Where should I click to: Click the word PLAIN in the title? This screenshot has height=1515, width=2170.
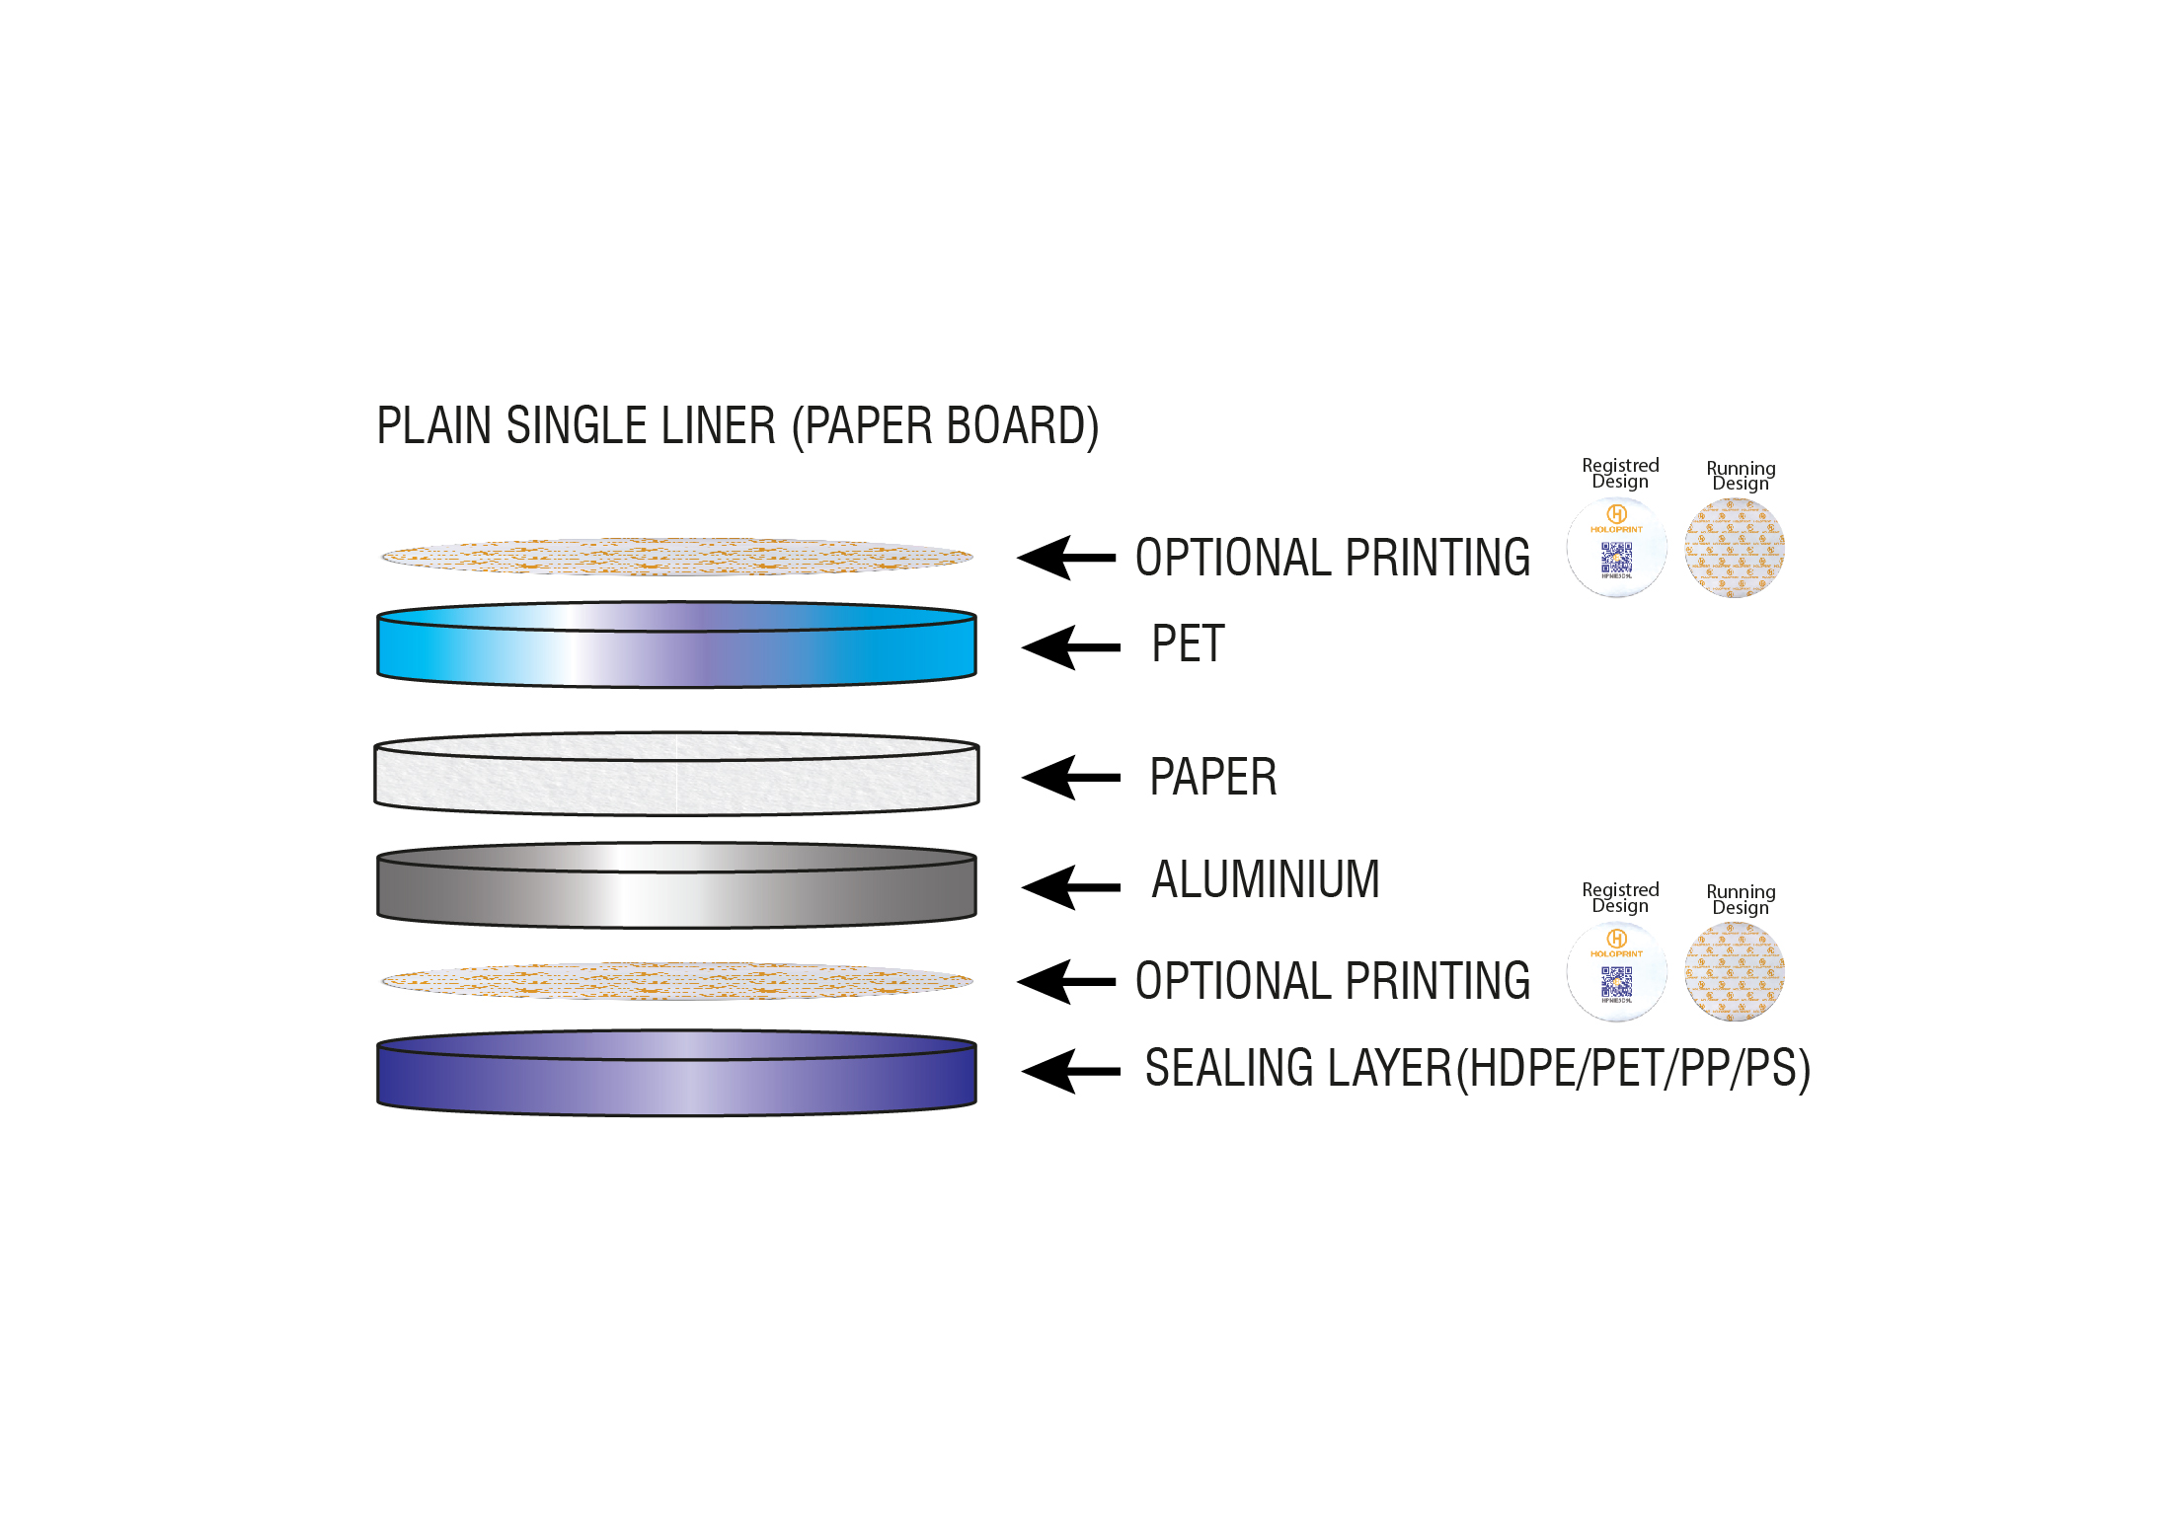click(x=433, y=426)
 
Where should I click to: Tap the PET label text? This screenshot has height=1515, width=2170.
click(x=1188, y=644)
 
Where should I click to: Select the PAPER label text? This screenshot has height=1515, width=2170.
click(x=1212, y=777)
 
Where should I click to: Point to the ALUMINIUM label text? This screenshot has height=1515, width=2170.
click(x=1265, y=879)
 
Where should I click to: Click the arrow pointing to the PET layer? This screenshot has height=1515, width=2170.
click(x=1070, y=647)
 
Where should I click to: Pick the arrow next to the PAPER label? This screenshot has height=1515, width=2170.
click(x=1070, y=778)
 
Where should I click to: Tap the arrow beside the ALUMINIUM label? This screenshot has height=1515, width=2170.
click(x=1070, y=887)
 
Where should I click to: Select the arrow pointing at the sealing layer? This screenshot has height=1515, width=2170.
click(x=1070, y=1071)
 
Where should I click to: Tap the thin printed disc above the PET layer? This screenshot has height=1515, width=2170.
click(x=676, y=557)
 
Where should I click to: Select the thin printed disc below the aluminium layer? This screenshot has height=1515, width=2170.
click(x=676, y=981)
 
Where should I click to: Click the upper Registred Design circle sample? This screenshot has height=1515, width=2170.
click(x=1616, y=548)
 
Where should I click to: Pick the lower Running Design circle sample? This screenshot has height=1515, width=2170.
click(x=1735, y=972)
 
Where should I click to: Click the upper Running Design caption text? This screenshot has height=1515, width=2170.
click(x=1741, y=476)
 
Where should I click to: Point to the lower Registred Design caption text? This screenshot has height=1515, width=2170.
click(x=1620, y=898)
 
